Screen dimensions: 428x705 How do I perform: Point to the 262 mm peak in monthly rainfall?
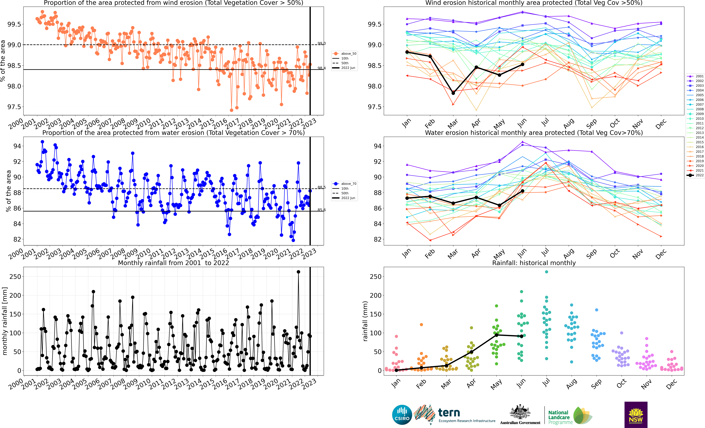[x=298, y=272]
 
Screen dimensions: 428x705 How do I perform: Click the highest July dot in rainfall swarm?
[x=547, y=272]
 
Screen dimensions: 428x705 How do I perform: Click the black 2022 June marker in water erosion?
[x=522, y=191]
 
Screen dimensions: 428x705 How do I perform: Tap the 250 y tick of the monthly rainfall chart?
[x=15, y=277]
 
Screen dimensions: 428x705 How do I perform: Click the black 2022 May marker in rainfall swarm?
[x=496, y=335]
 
